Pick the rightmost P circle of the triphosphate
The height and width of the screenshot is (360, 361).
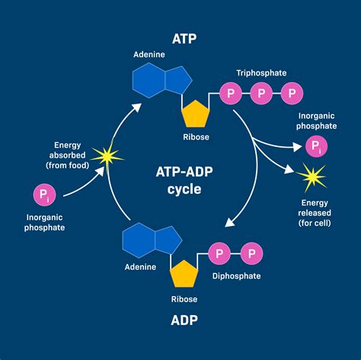point(292,94)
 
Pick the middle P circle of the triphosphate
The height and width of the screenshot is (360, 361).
point(261,94)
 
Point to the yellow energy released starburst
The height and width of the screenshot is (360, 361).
point(311,178)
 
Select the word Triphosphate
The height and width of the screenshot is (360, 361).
point(260,72)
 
